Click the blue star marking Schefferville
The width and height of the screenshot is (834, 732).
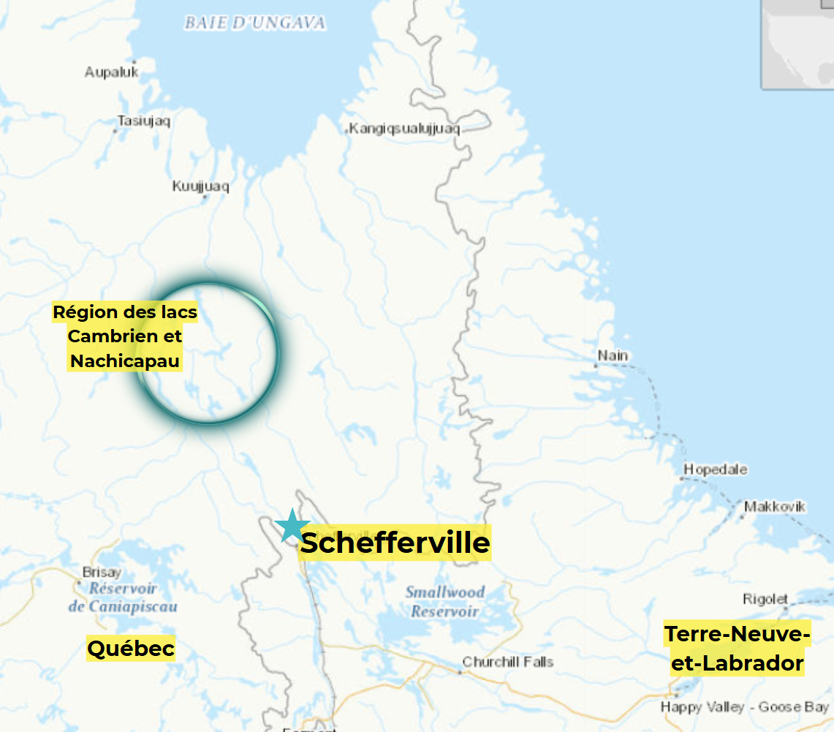click(x=292, y=525)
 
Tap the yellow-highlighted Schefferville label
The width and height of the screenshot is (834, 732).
click(x=395, y=543)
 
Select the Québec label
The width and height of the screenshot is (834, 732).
click(x=131, y=648)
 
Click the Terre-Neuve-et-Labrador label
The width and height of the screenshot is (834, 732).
click(x=737, y=649)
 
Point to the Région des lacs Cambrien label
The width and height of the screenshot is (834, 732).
click(x=125, y=336)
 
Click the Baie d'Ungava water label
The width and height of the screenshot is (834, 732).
click(x=254, y=23)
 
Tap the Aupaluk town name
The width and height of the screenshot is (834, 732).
click(x=111, y=72)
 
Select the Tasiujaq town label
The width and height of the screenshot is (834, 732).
click(x=144, y=121)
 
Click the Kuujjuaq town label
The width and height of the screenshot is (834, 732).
click(x=200, y=186)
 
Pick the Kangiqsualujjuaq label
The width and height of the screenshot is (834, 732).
click(x=404, y=129)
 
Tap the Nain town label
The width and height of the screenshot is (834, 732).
click(x=613, y=356)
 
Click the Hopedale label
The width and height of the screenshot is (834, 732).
click(x=715, y=469)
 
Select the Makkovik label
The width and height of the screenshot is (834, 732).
click(x=775, y=506)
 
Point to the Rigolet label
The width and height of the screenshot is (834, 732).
click(x=765, y=599)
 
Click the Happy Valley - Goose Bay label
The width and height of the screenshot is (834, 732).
click(x=744, y=707)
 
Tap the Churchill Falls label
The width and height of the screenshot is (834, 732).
click(x=507, y=662)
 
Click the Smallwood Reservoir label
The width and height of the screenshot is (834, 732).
click(x=445, y=601)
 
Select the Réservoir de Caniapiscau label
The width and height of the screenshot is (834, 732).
click(x=123, y=597)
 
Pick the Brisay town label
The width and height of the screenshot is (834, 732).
click(x=102, y=572)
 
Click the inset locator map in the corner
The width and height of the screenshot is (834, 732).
click(x=797, y=44)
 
